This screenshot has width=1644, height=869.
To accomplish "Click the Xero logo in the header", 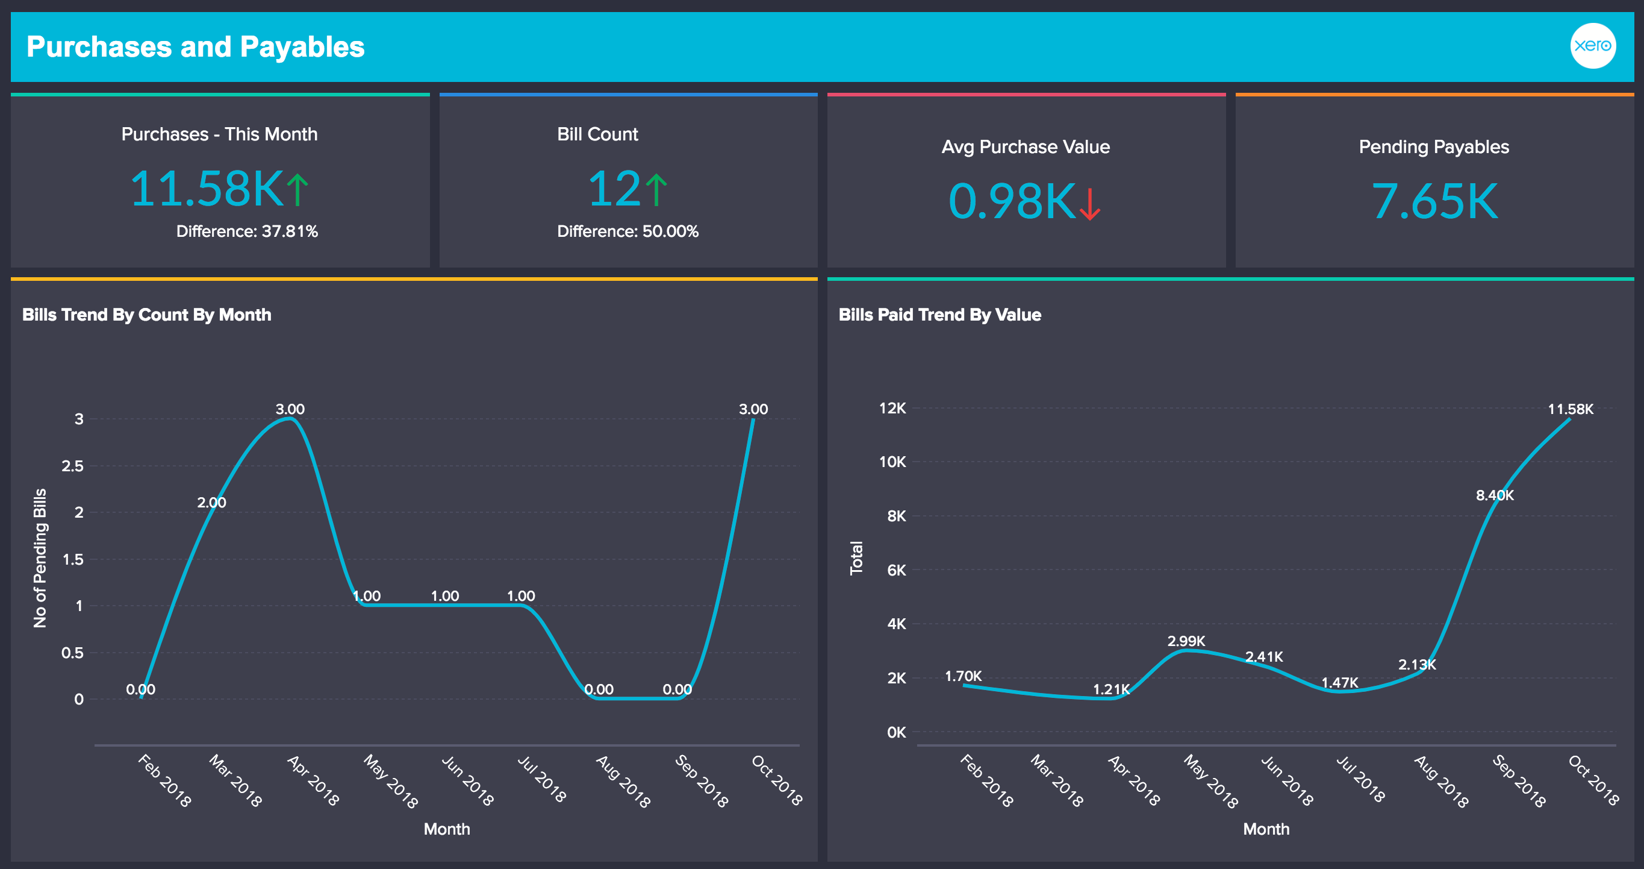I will coord(1592,46).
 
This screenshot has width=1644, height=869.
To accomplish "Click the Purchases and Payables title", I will coord(195,47).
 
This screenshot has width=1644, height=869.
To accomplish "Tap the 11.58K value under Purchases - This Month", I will coord(206,189).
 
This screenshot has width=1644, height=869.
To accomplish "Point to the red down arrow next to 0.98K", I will coord(1090,203).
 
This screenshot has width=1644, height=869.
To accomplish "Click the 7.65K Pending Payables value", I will coord(1434,202).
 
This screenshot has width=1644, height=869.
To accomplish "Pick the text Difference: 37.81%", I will coord(247,231).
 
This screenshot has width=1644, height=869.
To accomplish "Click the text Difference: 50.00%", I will coord(627,231).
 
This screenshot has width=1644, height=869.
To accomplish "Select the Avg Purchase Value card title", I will coord(1026,147).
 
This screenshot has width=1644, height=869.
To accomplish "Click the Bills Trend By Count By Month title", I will coord(147,315).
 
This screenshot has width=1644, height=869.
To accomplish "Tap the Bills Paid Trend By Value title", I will coord(939,315).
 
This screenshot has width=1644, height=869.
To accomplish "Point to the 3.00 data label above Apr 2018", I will coord(290,409).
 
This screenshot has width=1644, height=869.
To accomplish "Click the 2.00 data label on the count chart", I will coord(211,503).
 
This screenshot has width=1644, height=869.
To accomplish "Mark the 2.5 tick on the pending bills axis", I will coord(73,466).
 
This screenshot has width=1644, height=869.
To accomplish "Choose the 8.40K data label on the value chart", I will coord(1494,495).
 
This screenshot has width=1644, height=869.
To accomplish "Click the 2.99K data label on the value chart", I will coord(1186,641).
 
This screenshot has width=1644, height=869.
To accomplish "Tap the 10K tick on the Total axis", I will coord(892,462).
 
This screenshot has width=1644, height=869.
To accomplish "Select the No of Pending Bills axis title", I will coord(40,558).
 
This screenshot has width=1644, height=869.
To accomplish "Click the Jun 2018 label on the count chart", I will coord(468,781).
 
